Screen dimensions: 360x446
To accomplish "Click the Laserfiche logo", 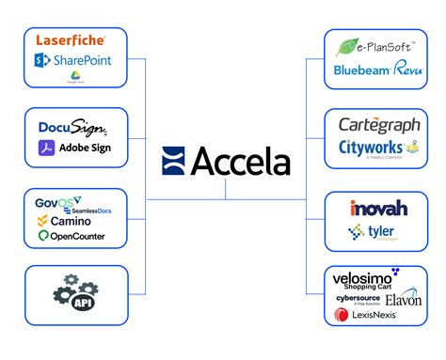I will [x=70, y=40].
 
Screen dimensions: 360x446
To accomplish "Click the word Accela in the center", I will [x=239, y=162].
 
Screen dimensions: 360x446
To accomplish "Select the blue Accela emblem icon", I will [x=174, y=162].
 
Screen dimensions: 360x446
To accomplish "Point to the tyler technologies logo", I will [x=374, y=232].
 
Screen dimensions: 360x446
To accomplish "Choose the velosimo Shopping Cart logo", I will [x=367, y=279].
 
